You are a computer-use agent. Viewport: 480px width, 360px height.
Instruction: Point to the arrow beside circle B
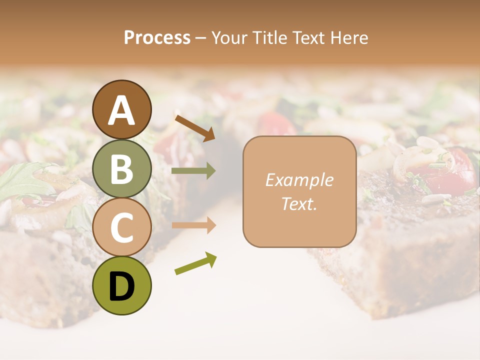pyautogui.click(x=193, y=171)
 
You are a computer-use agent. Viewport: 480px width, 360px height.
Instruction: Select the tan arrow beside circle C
pyautogui.click(x=193, y=225)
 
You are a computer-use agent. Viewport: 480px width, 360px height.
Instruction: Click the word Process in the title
pyautogui.click(x=157, y=38)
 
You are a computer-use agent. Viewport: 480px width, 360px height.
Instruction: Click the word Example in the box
pyautogui.click(x=299, y=180)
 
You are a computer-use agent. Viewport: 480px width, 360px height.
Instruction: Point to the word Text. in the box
pyautogui.click(x=299, y=203)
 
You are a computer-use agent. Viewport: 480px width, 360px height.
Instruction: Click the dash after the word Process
pyautogui.click(x=200, y=38)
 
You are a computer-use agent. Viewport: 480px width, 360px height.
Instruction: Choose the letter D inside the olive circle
pyautogui.click(x=122, y=287)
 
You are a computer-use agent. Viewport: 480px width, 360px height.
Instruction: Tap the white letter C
pyautogui.click(x=122, y=227)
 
